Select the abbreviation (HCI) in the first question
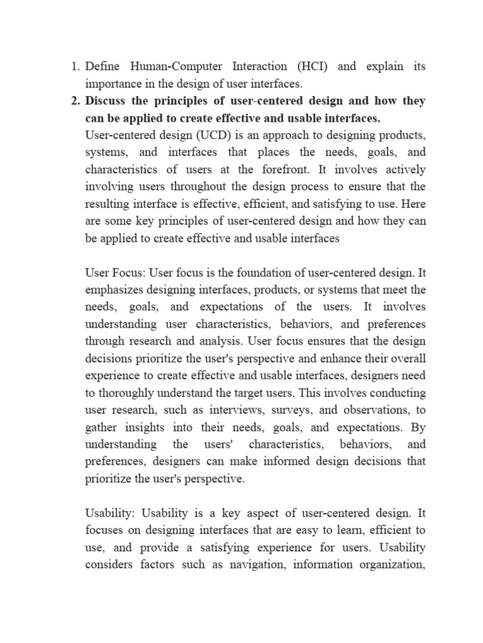click(309, 67)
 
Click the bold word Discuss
click(108, 101)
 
